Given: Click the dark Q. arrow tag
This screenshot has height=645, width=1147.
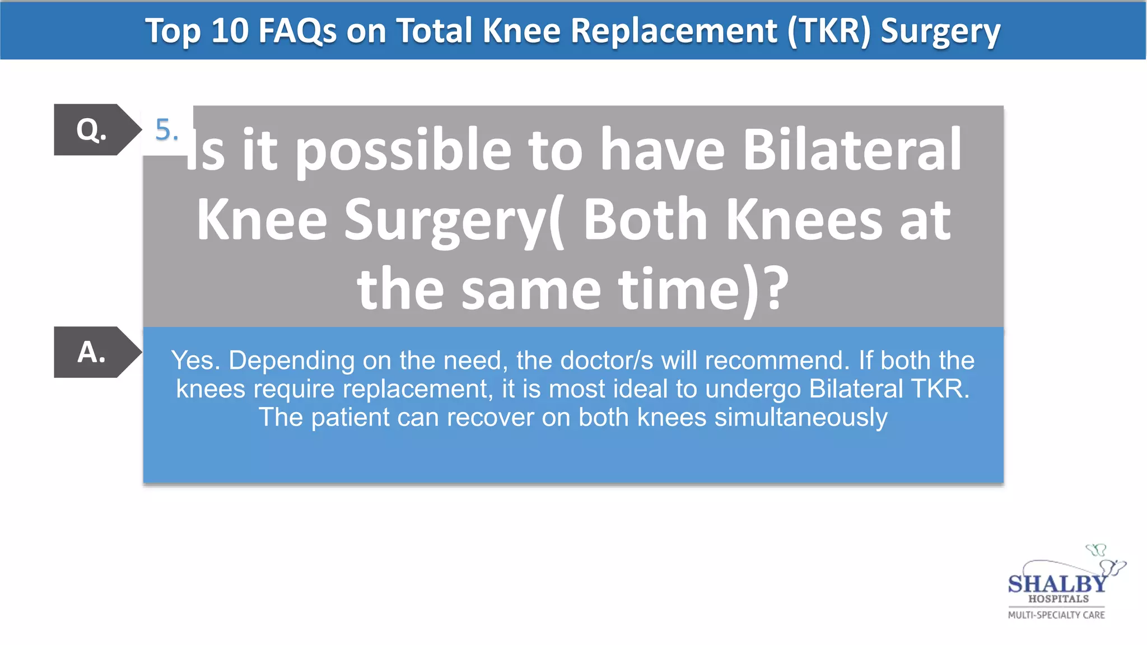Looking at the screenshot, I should pos(92,130).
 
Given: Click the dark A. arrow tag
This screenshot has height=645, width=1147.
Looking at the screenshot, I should pos(92,352).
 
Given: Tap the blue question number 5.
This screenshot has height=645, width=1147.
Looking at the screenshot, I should pos(166,130).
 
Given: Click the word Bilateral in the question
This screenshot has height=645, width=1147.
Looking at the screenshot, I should pos(851,150).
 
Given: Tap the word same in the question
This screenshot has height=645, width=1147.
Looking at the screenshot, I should pos(531,289).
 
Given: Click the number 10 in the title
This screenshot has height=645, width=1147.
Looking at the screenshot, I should pos(230,30).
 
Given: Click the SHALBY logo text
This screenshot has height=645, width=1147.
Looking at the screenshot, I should pos(1057,584).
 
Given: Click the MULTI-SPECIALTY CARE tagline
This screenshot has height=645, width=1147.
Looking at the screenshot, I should pos(1056,615).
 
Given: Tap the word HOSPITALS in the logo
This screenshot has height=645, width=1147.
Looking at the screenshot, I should pos(1058,599).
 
